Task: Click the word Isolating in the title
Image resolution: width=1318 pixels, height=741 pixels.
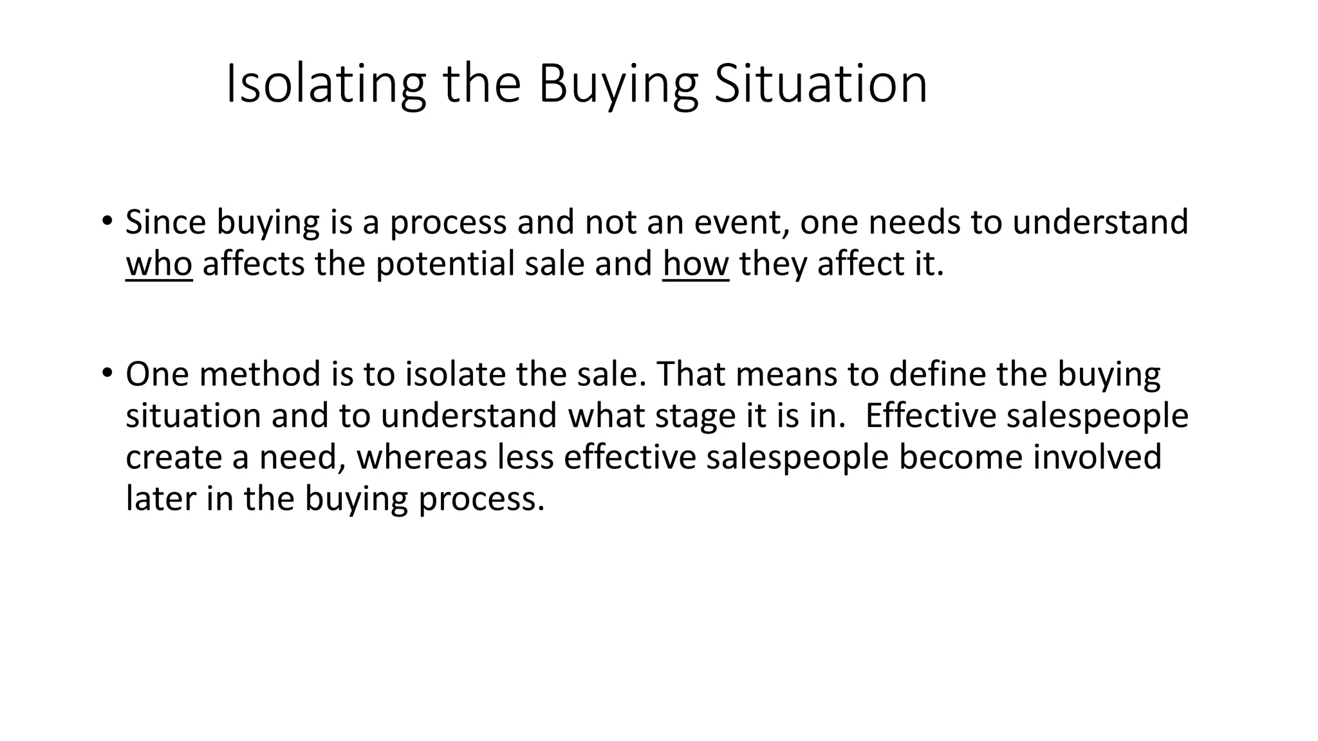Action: click(326, 84)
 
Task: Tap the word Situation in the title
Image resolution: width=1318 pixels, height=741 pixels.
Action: click(821, 84)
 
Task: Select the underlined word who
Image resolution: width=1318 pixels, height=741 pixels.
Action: click(159, 264)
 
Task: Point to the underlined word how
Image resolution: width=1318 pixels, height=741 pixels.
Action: click(696, 264)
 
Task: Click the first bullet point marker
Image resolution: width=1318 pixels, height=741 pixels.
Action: click(107, 221)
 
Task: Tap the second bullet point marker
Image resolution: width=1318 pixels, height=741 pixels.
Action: click(107, 372)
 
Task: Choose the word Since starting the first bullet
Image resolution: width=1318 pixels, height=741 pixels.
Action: click(165, 222)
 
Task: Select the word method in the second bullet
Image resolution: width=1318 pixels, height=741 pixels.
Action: click(260, 374)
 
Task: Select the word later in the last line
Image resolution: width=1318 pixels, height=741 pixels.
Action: click(160, 499)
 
